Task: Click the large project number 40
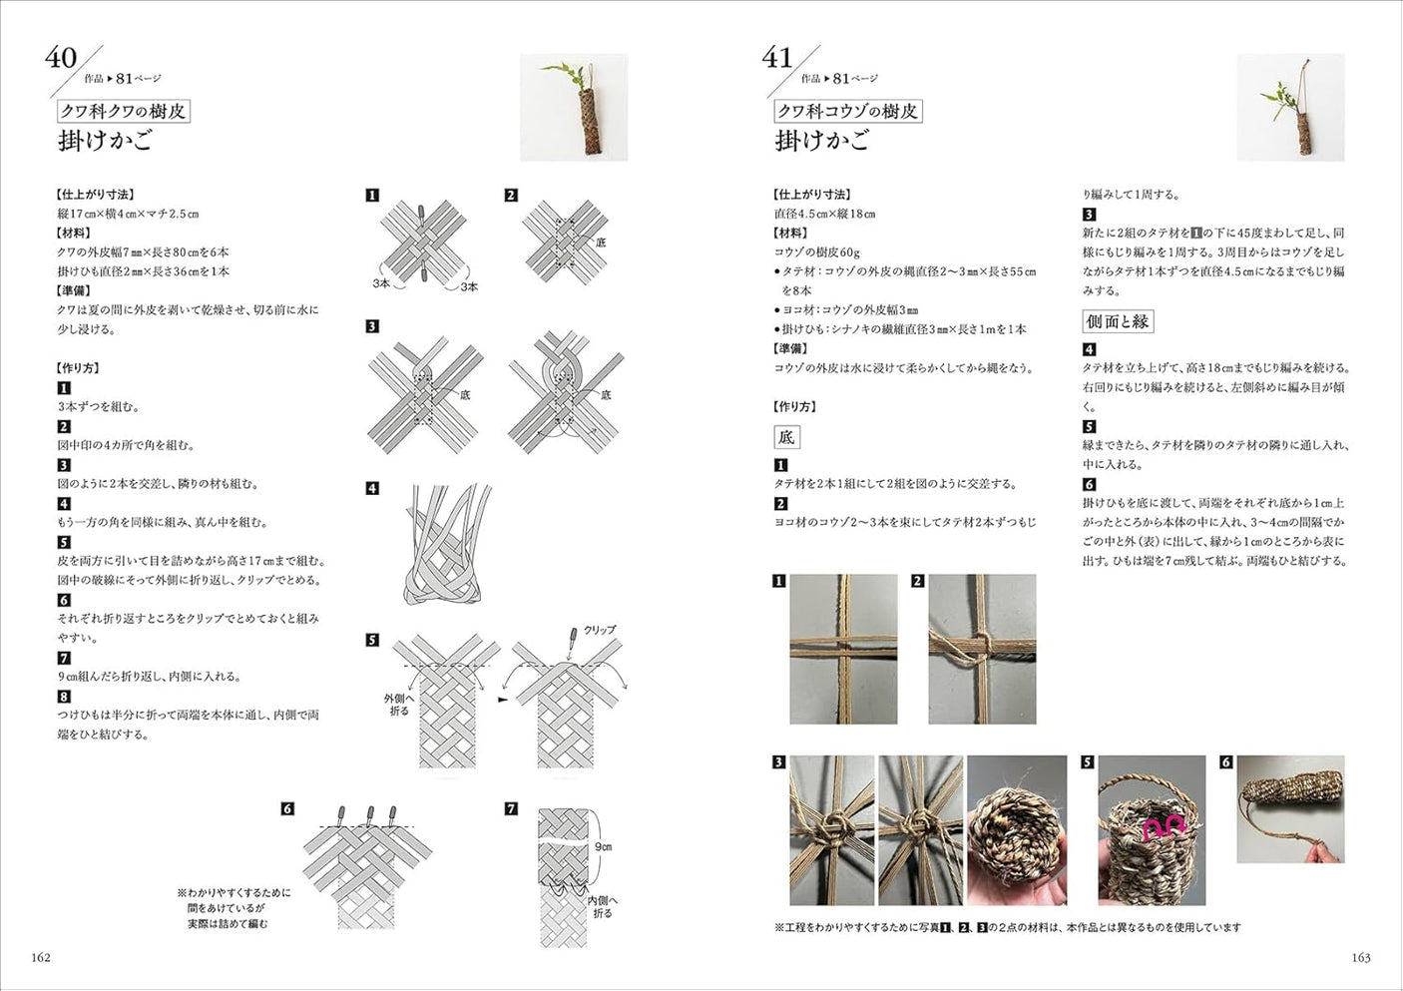(x=61, y=58)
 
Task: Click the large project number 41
(x=777, y=58)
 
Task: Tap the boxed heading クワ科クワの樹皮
(x=123, y=111)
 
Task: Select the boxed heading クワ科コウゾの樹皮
(x=847, y=111)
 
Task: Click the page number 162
(x=41, y=957)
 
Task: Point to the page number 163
(x=1360, y=957)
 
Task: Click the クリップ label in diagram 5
(x=599, y=630)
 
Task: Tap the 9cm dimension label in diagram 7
(x=603, y=846)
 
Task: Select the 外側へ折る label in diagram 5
(x=399, y=705)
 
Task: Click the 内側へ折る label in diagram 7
(x=602, y=906)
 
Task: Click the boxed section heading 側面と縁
(x=1118, y=321)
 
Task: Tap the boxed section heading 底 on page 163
(x=786, y=437)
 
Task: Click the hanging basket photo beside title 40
(x=574, y=108)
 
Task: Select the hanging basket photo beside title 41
(x=1290, y=108)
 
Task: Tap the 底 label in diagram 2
(x=601, y=243)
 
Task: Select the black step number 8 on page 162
(x=64, y=697)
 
